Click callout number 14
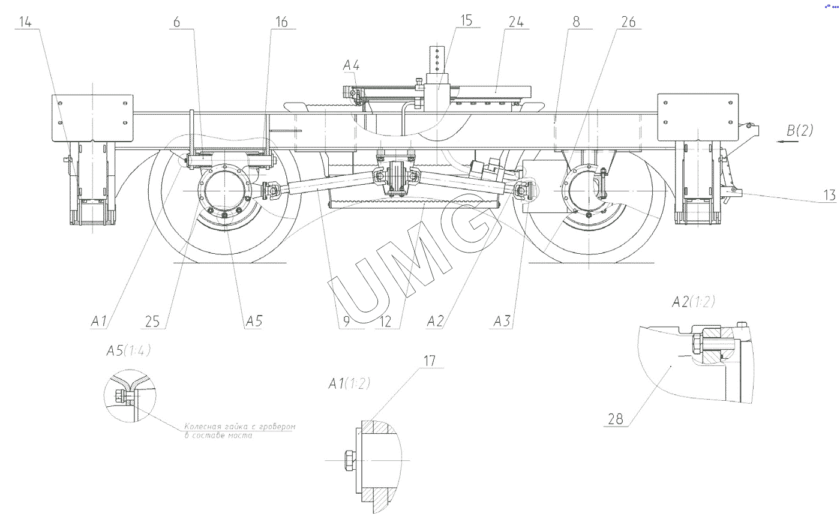point(26,22)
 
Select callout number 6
point(176,22)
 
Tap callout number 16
point(281,22)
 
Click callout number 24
point(515,22)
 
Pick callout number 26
point(628,22)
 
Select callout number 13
point(830,196)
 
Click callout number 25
point(153,321)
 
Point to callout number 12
point(385,321)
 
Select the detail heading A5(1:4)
point(128,351)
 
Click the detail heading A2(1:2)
point(693,302)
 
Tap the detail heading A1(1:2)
point(349,384)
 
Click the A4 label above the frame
point(351,65)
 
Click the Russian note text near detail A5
point(240,430)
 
